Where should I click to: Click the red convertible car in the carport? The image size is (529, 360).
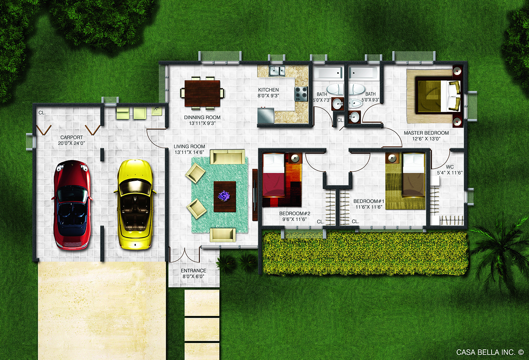[72, 205]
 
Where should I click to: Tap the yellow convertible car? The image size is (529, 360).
[135, 204]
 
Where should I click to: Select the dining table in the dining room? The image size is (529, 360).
[202, 93]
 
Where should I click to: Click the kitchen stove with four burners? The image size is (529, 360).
[301, 94]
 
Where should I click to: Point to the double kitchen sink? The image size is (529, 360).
[277, 71]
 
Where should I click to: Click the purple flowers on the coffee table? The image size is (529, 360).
[224, 196]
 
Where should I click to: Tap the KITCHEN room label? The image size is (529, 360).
[268, 90]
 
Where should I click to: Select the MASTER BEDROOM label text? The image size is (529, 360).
[426, 133]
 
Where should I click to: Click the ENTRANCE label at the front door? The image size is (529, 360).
[193, 270]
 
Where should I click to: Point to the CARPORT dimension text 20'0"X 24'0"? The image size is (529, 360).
[71, 143]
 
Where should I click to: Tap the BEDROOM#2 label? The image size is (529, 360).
[295, 213]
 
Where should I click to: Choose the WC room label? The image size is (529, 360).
[450, 167]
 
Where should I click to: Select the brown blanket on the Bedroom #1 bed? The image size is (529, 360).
[413, 185]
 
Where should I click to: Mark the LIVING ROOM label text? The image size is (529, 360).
[189, 146]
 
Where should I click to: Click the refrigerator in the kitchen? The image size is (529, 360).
[266, 115]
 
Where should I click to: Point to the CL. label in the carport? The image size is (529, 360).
[42, 113]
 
